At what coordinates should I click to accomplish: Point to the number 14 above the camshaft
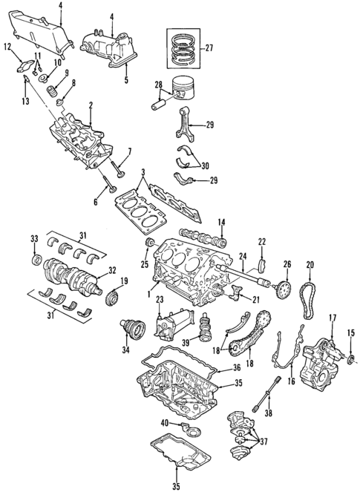221,222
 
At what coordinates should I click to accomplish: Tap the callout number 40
164,424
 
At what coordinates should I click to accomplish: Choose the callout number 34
125,349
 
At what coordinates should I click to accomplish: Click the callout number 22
261,241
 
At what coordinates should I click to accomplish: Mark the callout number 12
7,48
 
